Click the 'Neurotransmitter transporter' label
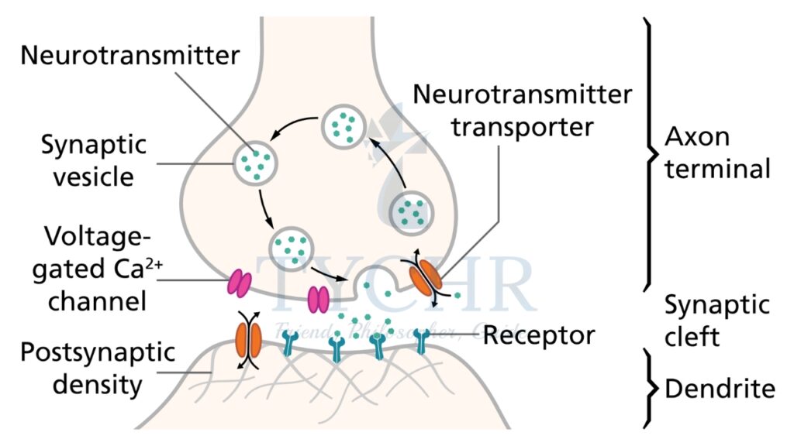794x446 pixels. (x=523, y=110)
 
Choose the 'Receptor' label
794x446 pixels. (x=539, y=335)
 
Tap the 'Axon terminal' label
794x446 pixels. (x=717, y=153)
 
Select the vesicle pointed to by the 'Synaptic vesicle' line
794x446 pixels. (x=254, y=161)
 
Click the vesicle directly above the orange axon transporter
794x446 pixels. (x=412, y=210)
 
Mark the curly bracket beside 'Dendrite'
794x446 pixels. (x=650, y=387)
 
